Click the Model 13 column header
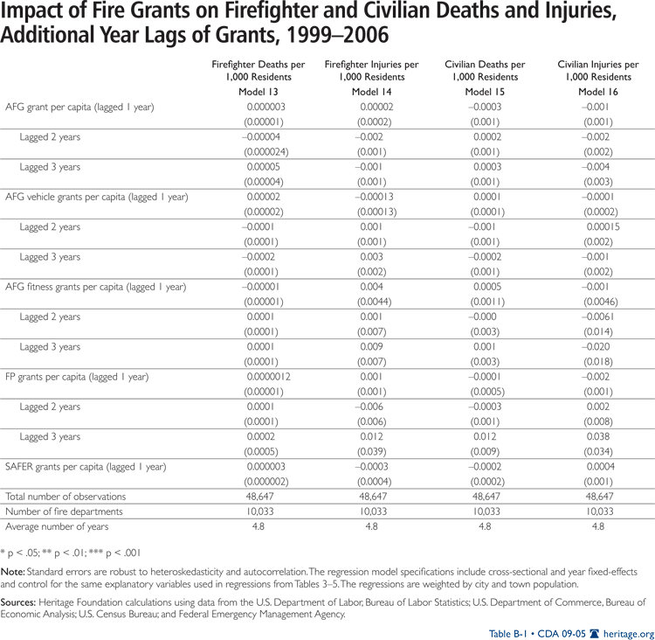[x=259, y=92]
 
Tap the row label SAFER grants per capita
[x=86, y=466]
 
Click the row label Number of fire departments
[x=64, y=511]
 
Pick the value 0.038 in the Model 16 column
[x=598, y=436]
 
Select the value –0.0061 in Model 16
[x=598, y=317]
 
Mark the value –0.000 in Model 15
[x=486, y=317]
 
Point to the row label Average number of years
[x=57, y=526]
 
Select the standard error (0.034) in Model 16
[x=598, y=451]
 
